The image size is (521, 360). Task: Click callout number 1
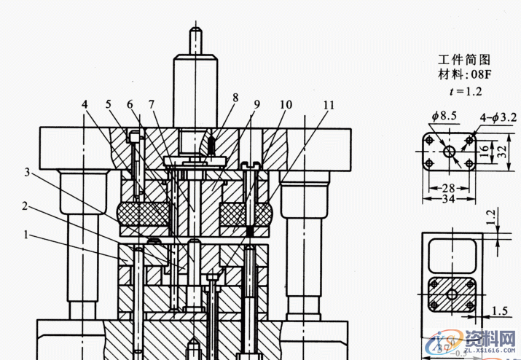(28, 235)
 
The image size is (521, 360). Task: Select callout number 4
(85, 105)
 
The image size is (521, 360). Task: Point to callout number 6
(130, 105)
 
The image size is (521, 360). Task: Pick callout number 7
(152, 105)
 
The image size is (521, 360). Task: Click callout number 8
(235, 97)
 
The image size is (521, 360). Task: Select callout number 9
(257, 105)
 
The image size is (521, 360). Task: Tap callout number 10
(286, 105)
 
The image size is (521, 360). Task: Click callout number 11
(329, 105)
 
